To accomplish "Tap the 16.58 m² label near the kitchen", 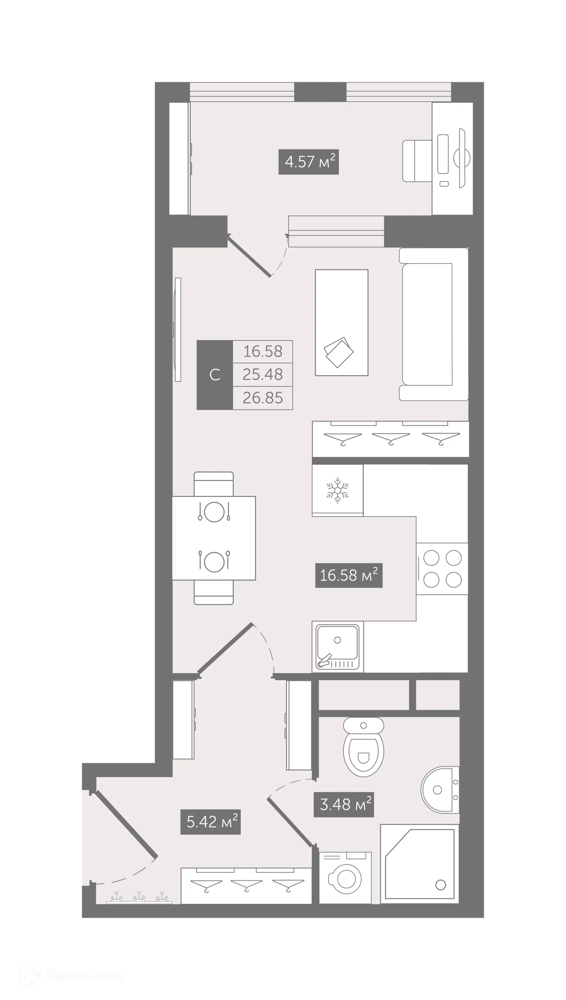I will [x=349, y=575].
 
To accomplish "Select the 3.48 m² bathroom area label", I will [x=344, y=804].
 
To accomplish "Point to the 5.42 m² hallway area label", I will [x=210, y=821].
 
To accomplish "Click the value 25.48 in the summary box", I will [x=263, y=374].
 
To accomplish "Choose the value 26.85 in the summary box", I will [x=263, y=398].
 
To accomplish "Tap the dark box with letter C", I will [x=215, y=375].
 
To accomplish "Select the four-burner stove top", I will [x=442, y=568].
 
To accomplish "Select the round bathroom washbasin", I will [x=439, y=790].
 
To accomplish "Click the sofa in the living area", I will [x=433, y=324].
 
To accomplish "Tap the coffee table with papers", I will [x=341, y=322].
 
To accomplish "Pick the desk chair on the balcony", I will [x=416, y=161].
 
